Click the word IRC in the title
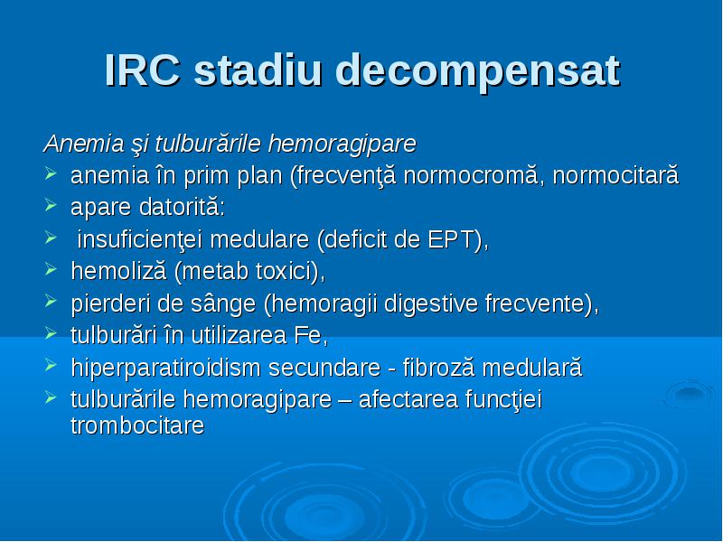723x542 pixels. [x=143, y=70]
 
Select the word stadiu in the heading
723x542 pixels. [x=258, y=70]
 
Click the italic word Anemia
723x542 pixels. [x=83, y=144]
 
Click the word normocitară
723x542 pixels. [x=616, y=175]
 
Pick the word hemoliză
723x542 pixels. [x=118, y=271]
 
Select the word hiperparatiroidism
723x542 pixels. [x=165, y=369]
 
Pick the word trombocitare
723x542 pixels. [x=137, y=425]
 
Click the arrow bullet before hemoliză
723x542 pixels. [x=51, y=269]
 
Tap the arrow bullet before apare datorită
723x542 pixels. [x=51, y=205]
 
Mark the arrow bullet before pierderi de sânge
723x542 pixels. [x=51, y=302]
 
